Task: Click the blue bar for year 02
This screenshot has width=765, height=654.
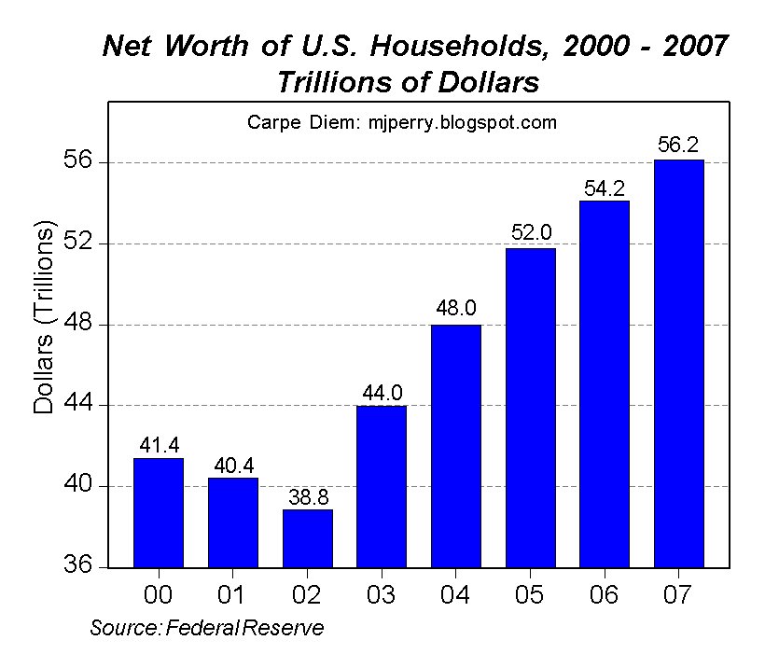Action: point(308,538)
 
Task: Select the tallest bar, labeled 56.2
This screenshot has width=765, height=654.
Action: point(679,364)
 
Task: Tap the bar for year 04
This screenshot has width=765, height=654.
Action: point(456,446)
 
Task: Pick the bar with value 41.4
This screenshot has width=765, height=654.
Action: point(159,513)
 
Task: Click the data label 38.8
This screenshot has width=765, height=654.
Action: point(309,497)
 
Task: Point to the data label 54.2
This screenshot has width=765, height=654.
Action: point(605,188)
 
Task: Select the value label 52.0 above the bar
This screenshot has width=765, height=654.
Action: point(532,231)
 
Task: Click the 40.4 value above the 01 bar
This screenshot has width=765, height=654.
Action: point(233,466)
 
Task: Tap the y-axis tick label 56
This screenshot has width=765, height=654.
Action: point(77,160)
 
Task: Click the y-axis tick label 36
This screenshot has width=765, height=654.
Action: point(77,564)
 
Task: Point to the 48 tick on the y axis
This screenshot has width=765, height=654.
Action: point(77,322)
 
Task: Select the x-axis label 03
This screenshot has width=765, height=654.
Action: point(381,595)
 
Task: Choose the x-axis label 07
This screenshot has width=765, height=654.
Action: point(677,595)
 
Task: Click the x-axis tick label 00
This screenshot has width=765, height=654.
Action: point(158,595)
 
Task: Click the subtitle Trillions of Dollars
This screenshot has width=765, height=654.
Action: point(409,82)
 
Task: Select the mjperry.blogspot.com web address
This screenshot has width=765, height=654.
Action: point(463,122)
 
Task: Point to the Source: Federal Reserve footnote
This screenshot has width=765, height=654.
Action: point(207,628)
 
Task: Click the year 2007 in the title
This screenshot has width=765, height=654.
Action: point(696,47)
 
